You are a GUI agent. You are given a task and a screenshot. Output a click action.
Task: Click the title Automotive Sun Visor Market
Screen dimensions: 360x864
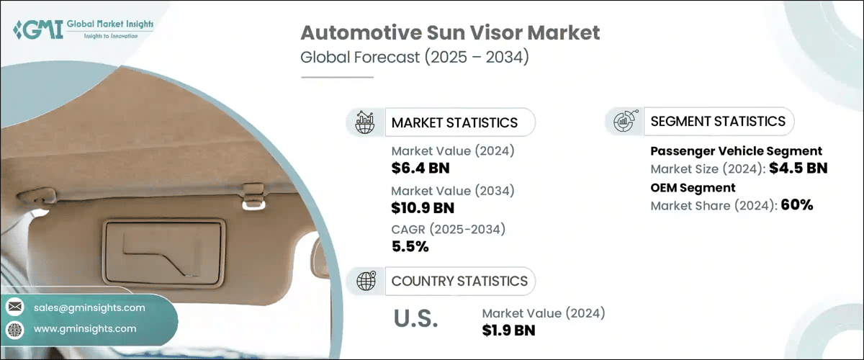pyautogui.click(x=450, y=33)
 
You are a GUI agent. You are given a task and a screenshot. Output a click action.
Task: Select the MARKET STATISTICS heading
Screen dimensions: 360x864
pyautogui.click(x=454, y=122)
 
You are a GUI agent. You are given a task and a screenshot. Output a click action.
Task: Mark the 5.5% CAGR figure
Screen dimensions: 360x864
pyautogui.click(x=410, y=247)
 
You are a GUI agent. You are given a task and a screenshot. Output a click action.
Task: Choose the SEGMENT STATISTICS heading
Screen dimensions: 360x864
pyautogui.click(x=717, y=121)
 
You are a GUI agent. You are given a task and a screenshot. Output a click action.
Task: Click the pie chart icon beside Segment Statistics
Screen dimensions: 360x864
pyautogui.click(x=624, y=121)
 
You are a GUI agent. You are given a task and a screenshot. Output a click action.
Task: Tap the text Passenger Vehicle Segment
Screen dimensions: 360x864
pyautogui.click(x=736, y=151)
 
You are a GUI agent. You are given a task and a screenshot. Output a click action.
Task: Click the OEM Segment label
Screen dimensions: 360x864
pyautogui.click(x=693, y=187)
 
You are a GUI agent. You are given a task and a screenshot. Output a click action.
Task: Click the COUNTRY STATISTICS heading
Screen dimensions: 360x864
pyautogui.click(x=459, y=281)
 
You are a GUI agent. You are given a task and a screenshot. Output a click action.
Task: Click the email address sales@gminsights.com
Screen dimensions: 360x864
pyautogui.click(x=89, y=307)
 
